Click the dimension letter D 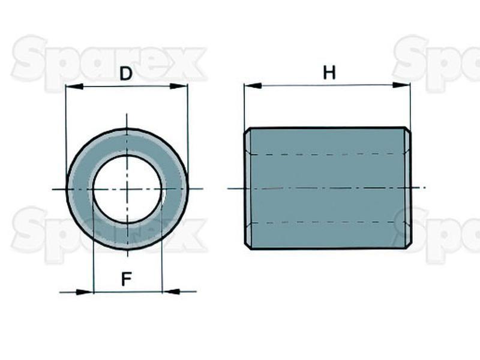click(x=125, y=74)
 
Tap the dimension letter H click(x=329, y=73)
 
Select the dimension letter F click(x=126, y=279)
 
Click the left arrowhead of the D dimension click(x=74, y=86)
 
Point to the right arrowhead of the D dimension click(x=178, y=86)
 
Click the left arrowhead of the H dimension click(x=253, y=86)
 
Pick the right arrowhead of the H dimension click(x=401, y=85)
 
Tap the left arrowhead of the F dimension click(x=84, y=292)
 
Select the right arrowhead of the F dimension click(x=170, y=292)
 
